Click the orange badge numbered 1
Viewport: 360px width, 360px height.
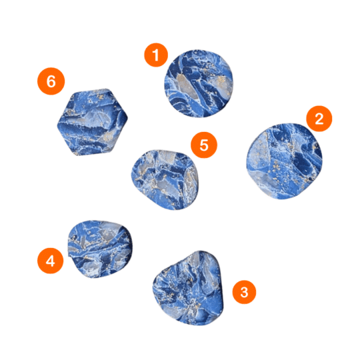click(x=156, y=55)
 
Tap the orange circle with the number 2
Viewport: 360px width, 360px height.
click(x=319, y=119)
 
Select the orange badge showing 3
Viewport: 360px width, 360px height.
click(x=244, y=292)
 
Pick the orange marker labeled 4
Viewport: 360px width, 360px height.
click(x=51, y=261)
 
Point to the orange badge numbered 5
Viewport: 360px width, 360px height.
click(x=204, y=145)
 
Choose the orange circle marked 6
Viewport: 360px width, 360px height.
click(x=51, y=81)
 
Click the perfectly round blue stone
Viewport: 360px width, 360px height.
click(x=199, y=83)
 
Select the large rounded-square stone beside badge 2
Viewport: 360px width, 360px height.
click(x=284, y=161)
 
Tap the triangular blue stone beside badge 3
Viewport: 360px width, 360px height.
click(x=188, y=288)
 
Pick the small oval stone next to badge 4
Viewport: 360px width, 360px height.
click(x=100, y=249)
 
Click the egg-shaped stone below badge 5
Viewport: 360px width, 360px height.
click(x=165, y=179)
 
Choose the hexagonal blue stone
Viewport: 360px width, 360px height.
click(x=92, y=122)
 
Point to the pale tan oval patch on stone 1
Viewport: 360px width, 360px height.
click(x=187, y=87)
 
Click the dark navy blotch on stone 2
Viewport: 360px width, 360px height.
click(x=301, y=161)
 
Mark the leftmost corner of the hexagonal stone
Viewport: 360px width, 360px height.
click(x=57, y=125)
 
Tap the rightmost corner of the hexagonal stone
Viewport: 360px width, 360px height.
click(x=127, y=117)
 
